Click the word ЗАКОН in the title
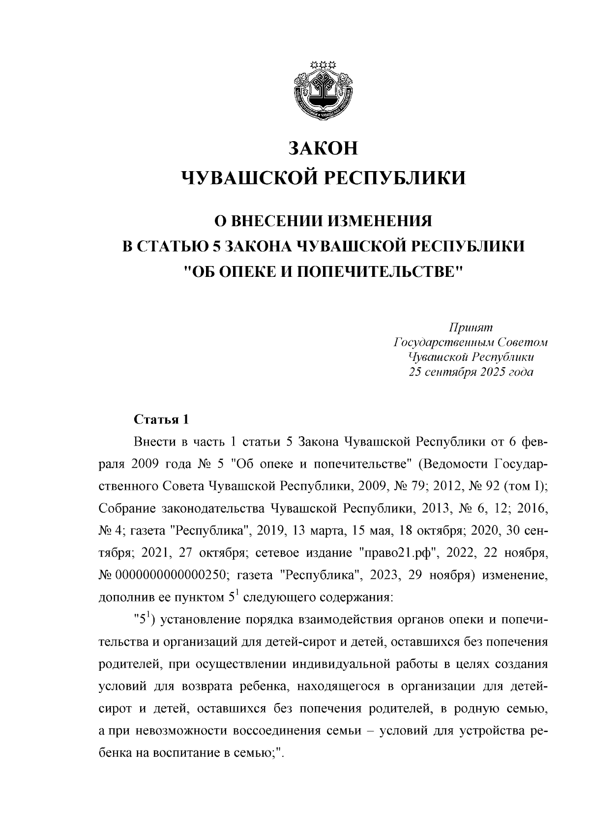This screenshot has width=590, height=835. point(323,148)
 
